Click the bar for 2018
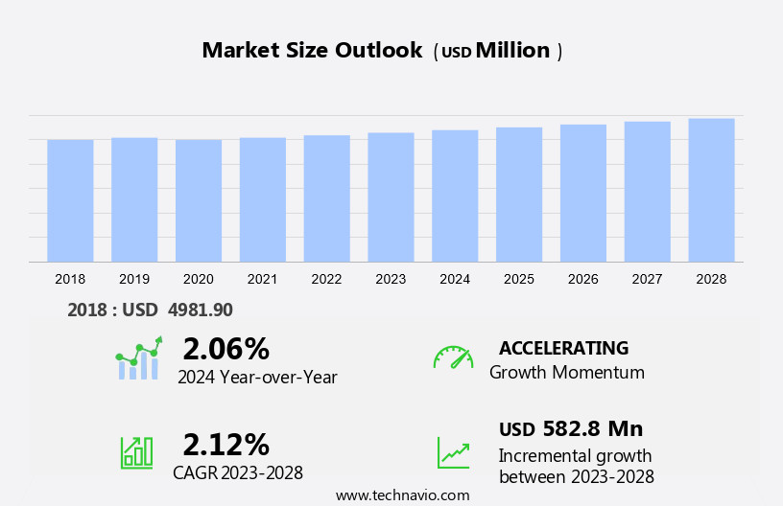pos(70,200)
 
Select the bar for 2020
pos(199,200)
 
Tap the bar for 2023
pos(391,196)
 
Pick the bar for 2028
pos(711,190)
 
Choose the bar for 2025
pos(519,195)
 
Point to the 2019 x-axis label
pos(134,279)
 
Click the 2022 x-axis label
pos(326,279)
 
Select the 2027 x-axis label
pos(647,279)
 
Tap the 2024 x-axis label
pos(455,279)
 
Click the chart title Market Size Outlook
pos(312,51)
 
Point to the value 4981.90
pos(200,310)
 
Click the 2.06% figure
pos(225,348)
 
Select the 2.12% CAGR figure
pos(225,444)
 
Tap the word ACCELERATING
pos(563,348)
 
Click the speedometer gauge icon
pos(453,357)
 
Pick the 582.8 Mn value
pos(592,428)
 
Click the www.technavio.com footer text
pos(402,495)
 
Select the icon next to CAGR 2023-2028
pos(136,451)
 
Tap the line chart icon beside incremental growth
pos(453,452)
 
